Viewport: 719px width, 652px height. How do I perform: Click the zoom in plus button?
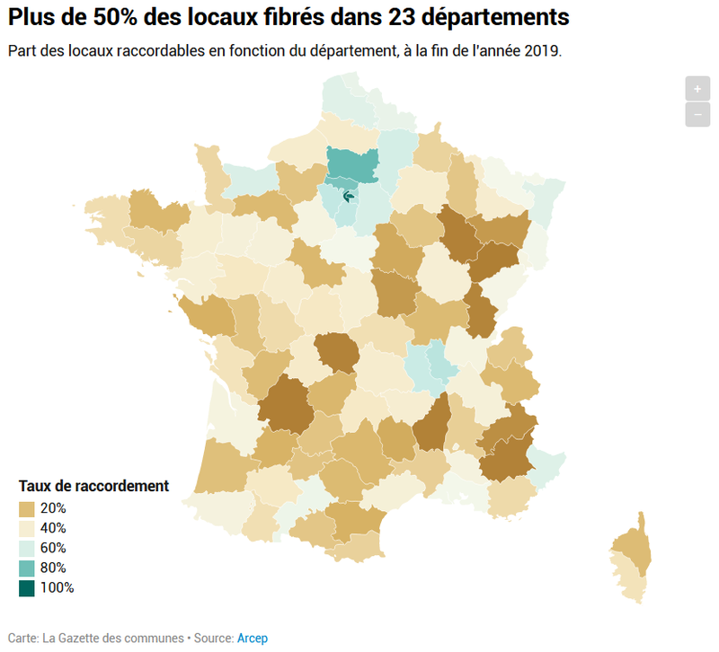(x=697, y=88)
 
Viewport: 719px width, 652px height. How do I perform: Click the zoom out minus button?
(x=697, y=114)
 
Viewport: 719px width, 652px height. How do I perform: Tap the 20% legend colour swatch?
(x=27, y=509)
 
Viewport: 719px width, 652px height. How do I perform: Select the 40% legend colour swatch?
(x=27, y=529)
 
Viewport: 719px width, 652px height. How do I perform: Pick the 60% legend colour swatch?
(x=27, y=549)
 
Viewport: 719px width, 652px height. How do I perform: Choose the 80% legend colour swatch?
(x=27, y=568)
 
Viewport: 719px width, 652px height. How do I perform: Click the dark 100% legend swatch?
(x=27, y=588)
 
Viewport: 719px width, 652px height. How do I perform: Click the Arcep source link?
(x=253, y=639)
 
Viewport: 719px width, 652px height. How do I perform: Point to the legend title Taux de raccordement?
(x=93, y=486)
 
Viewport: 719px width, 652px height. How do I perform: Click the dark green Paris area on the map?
(x=349, y=197)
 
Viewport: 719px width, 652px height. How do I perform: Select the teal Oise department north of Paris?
(x=352, y=164)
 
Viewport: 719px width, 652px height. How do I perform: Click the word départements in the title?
(x=495, y=18)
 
